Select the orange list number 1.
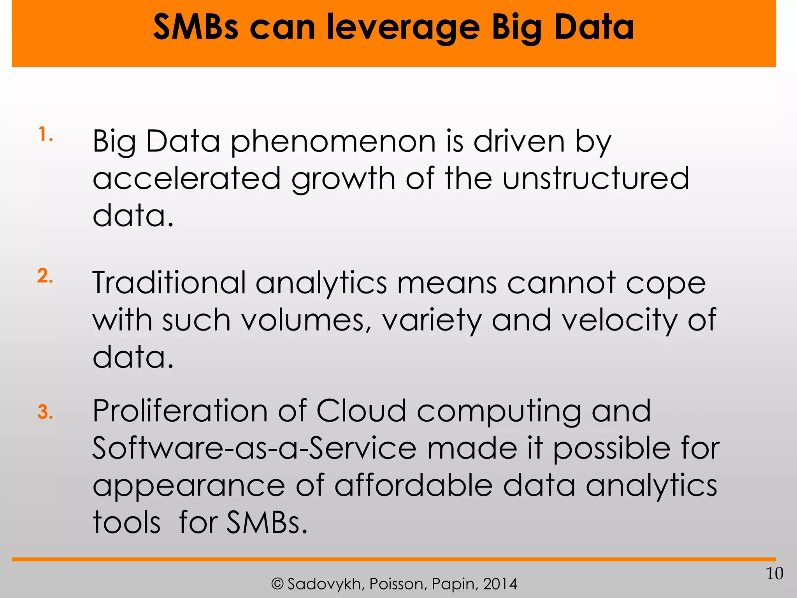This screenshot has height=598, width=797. point(45,135)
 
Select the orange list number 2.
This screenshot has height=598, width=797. point(45,276)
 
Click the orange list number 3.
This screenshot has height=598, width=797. point(45,412)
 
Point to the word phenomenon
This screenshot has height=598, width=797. point(333,142)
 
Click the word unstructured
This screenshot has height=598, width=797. point(595,178)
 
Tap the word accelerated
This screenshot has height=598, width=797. point(187,178)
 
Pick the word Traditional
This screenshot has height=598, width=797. point(169,283)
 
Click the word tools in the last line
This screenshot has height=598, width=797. point(126,522)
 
